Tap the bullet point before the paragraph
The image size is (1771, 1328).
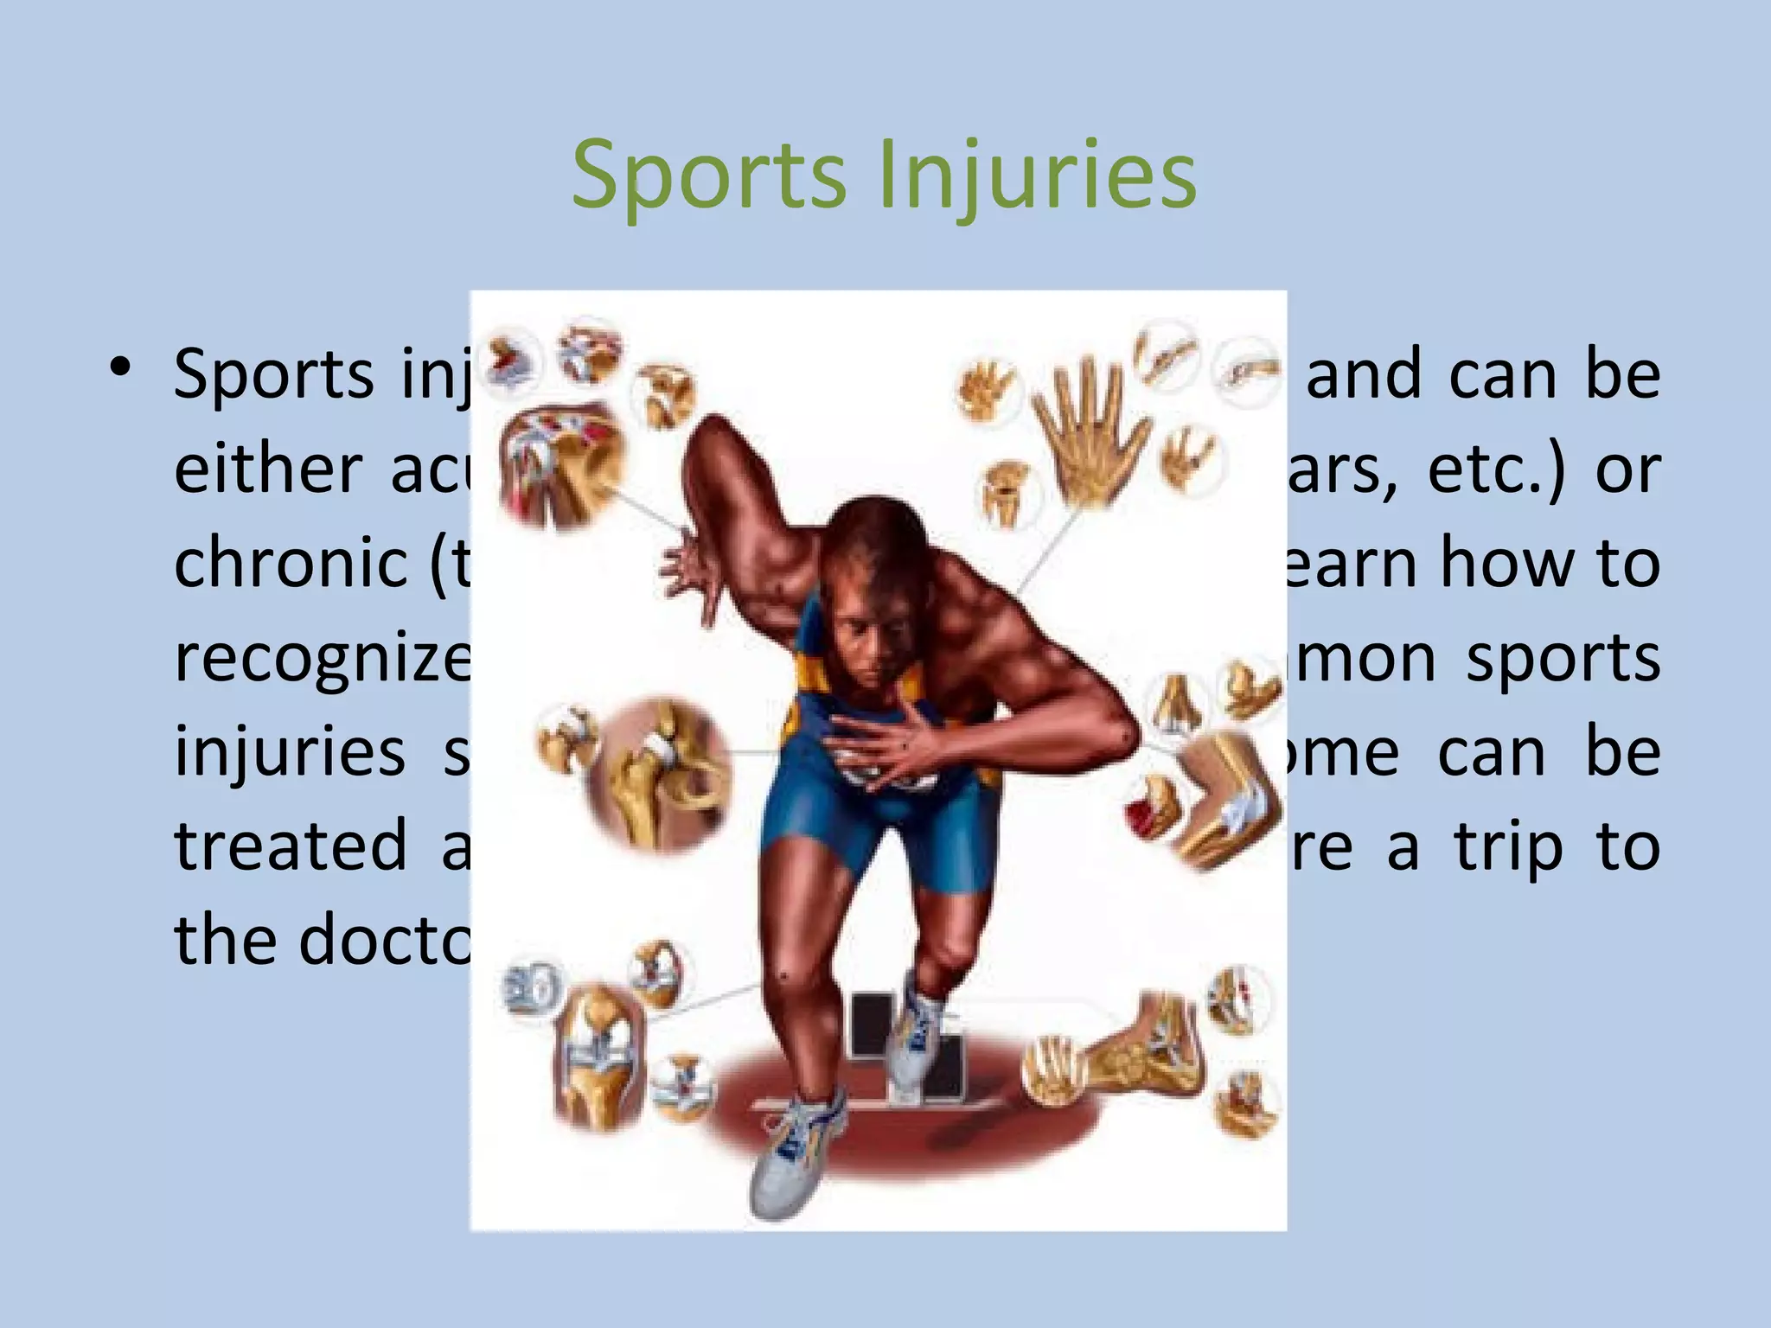click(x=120, y=368)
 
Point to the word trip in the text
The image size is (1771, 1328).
click(x=1508, y=846)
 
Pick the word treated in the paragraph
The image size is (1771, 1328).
click(x=291, y=846)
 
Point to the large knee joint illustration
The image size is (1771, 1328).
click(x=597, y=1059)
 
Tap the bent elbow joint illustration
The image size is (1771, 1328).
click(x=1219, y=800)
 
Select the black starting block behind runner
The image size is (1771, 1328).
click(x=873, y=1029)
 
